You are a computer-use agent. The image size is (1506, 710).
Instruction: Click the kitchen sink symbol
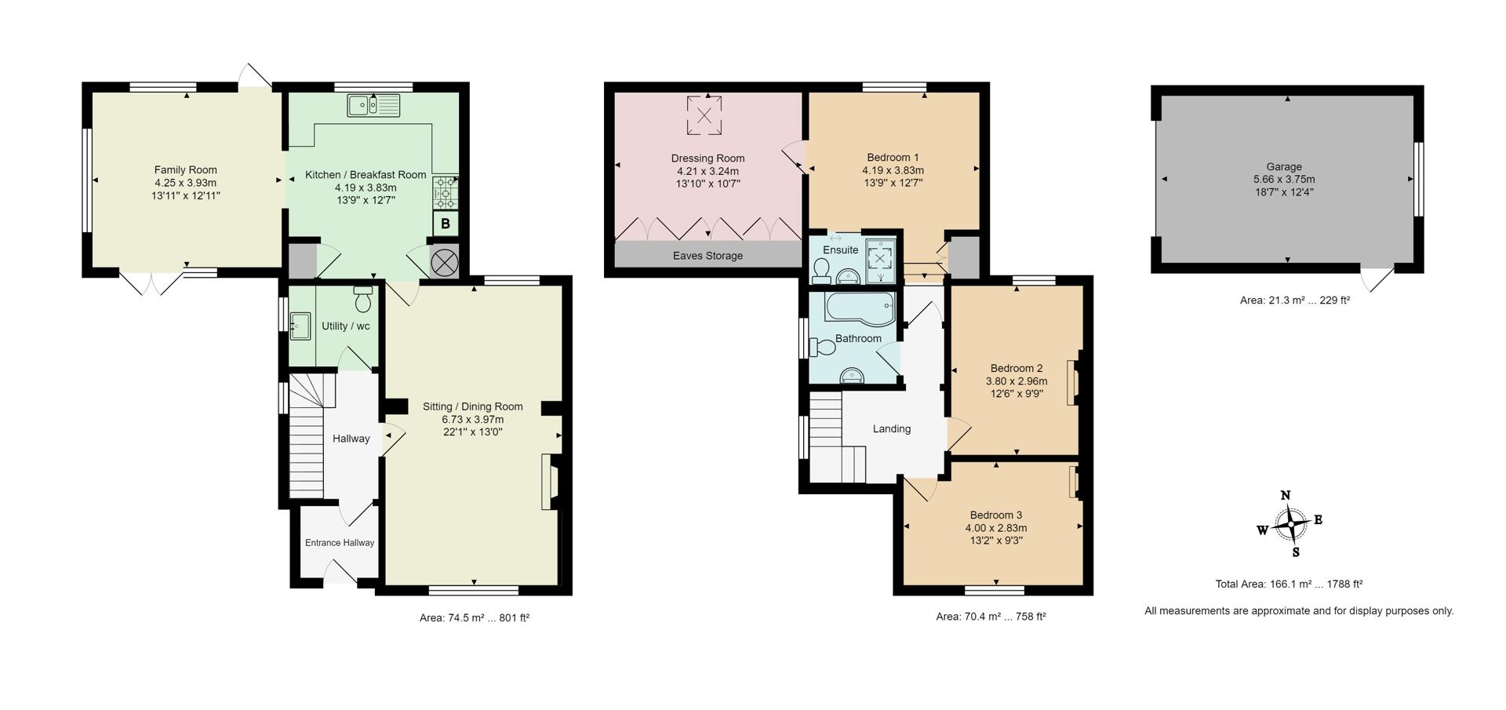click(x=373, y=104)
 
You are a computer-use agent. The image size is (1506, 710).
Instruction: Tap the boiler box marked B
click(x=446, y=224)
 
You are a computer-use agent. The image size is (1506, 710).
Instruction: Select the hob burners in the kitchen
click(x=445, y=191)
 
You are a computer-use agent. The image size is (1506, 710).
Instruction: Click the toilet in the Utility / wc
click(x=363, y=299)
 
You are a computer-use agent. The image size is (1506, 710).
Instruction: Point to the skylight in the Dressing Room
click(x=704, y=115)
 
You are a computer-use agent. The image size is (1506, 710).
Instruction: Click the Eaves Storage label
click(x=708, y=256)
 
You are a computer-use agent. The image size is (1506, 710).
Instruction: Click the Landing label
click(x=892, y=429)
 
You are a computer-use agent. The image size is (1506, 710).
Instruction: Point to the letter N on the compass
click(x=1286, y=495)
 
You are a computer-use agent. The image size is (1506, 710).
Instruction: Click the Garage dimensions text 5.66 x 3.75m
click(x=1284, y=180)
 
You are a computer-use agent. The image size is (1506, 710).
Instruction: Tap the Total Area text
click(x=1289, y=584)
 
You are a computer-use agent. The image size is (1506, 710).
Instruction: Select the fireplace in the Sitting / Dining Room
click(x=548, y=482)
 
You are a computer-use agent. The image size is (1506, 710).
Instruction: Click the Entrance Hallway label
click(x=340, y=543)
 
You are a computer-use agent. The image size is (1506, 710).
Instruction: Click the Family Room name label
click(x=186, y=169)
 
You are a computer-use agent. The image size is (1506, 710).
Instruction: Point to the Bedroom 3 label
click(x=995, y=515)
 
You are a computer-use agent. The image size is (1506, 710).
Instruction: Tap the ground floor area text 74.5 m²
click(x=474, y=618)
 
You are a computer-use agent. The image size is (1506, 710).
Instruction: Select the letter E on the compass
click(x=1319, y=519)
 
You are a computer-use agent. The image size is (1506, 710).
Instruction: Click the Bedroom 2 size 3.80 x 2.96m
click(x=1017, y=381)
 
